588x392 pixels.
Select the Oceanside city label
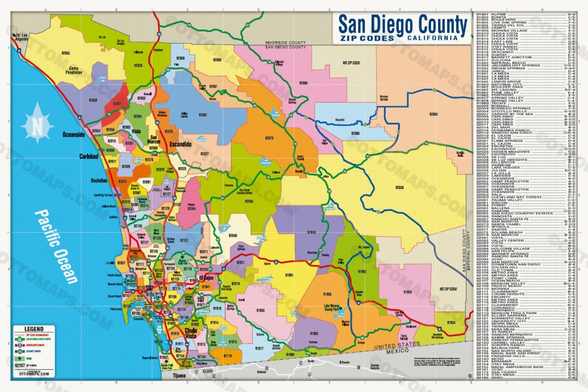coord(74,135)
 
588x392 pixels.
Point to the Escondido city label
coord(180,144)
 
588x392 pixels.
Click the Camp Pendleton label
coord(74,70)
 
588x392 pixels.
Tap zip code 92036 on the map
coord(399,187)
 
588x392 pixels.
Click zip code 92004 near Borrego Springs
coord(433,114)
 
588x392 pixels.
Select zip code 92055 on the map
coord(66,53)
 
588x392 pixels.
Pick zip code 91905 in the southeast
coord(407,292)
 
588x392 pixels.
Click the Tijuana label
coord(179,375)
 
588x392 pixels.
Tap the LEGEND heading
coord(34,329)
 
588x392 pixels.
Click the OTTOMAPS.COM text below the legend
coord(34,374)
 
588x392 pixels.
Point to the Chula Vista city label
coord(191,333)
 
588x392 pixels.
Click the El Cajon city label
coord(206,278)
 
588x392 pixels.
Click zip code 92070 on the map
coord(269,138)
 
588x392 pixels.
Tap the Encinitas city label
coord(99,180)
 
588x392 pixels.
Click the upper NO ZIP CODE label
coord(351,63)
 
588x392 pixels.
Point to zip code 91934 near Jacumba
coord(451,323)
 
